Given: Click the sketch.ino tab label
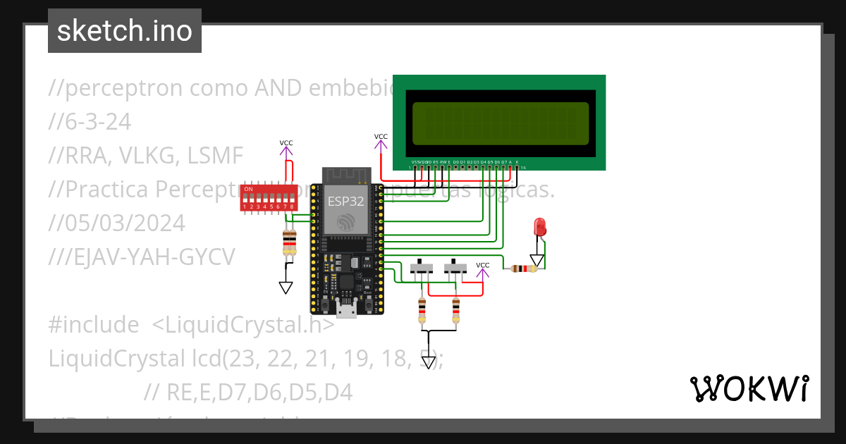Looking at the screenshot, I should tap(125, 31).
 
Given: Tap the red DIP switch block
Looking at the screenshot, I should tap(268, 198).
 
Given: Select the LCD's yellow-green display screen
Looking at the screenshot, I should tap(500, 123).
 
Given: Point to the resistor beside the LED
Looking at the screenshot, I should tap(522, 269).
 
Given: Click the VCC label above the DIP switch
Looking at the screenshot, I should tap(286, 143).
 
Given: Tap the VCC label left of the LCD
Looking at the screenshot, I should tap(381, 137).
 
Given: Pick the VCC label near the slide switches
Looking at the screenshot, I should tap(483, 266).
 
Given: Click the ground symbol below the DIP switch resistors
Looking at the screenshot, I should tap(286, 287).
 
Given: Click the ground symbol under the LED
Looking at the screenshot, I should tap(537, 260).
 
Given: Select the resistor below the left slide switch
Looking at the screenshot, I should tap(422, 309).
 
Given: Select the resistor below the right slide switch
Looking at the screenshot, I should tap(455, 309).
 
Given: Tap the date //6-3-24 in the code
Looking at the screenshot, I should tap(90, 122).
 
